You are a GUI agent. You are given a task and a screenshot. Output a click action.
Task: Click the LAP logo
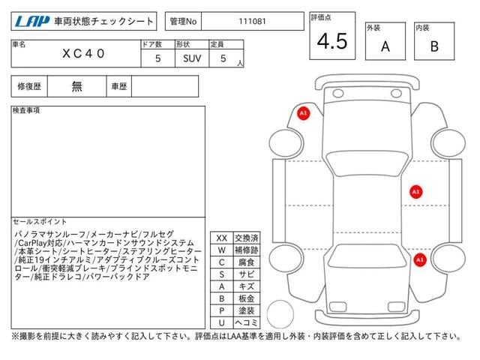(32, 22)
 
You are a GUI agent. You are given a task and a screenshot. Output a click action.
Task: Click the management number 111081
(252, 22)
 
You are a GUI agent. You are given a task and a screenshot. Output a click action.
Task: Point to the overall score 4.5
(332, 41)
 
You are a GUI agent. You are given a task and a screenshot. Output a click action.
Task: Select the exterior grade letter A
(385, 46)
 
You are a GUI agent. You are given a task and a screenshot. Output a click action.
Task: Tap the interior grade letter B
(434, 46)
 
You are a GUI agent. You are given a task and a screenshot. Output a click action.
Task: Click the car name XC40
(83, 54)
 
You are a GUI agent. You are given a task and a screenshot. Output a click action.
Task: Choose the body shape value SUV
(192, 58)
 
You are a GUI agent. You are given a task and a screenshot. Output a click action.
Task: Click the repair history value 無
(76, 86)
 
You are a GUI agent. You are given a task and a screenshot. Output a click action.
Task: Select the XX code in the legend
(222, 238)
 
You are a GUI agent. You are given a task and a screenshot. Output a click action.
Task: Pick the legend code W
(222, 250)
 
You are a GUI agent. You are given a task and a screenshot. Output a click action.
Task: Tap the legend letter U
(222, 322)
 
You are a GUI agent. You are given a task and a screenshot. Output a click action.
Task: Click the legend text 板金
(247, 298)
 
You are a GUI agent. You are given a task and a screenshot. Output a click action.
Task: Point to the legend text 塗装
(247, 310)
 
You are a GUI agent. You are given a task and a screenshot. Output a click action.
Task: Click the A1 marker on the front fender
(303, 113)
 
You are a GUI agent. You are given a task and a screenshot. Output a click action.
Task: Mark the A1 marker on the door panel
(415, 192)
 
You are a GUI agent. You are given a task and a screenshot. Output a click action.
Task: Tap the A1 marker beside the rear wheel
(420, 260)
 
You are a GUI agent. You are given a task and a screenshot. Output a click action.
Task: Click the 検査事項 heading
(26, 110)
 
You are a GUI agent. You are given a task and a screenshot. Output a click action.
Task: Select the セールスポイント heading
(40, 221)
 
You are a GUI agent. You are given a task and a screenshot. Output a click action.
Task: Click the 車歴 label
(119, 86)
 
